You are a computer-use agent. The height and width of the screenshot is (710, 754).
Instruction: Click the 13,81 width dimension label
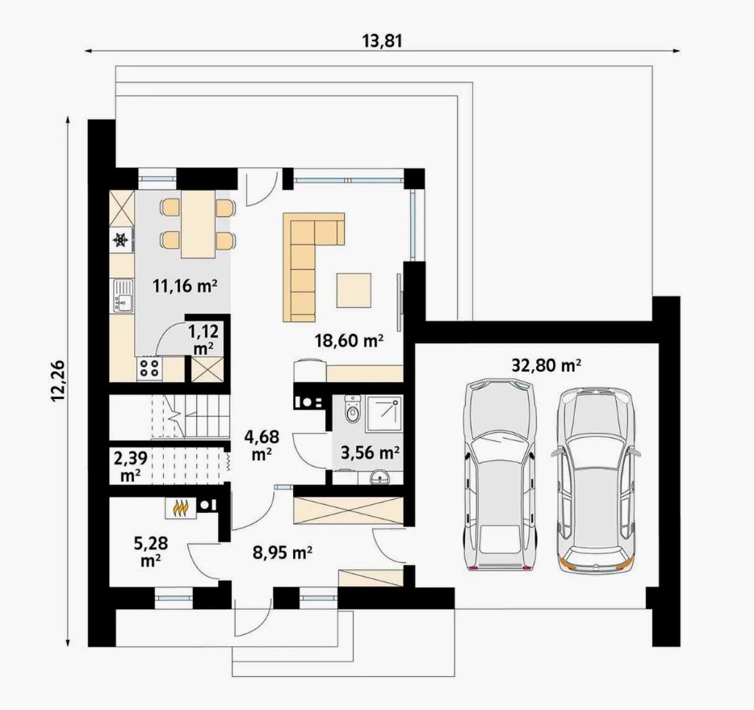point(383,41)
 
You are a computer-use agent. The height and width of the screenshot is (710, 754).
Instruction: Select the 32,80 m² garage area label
point(547,366)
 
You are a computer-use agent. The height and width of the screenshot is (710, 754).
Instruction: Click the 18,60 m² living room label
point(349,341)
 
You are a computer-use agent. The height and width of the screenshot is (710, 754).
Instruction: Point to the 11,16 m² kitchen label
point(185,286)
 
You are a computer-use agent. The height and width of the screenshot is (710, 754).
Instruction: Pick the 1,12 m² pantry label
point(203,339)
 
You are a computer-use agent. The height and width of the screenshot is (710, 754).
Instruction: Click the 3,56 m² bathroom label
point(371,452)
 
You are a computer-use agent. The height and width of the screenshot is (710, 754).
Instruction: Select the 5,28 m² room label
point(151,552)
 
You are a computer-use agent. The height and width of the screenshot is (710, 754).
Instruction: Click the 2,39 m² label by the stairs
point(130,465)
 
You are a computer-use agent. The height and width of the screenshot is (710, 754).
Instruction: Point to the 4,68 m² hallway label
point(262,445)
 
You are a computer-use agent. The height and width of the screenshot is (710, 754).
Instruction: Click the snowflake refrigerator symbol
point(120,240)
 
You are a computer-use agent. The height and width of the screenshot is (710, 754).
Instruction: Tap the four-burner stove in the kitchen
point(149,368)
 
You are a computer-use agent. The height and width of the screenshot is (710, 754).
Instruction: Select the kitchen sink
point(123,296)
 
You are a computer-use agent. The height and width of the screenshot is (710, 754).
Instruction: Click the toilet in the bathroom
point(353,409)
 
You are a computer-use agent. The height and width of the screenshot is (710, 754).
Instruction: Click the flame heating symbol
point(181,507)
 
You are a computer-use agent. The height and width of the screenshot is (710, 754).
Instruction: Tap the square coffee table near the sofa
point(354,290)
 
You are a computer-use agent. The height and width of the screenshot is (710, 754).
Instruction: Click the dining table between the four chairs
point(198,224)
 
